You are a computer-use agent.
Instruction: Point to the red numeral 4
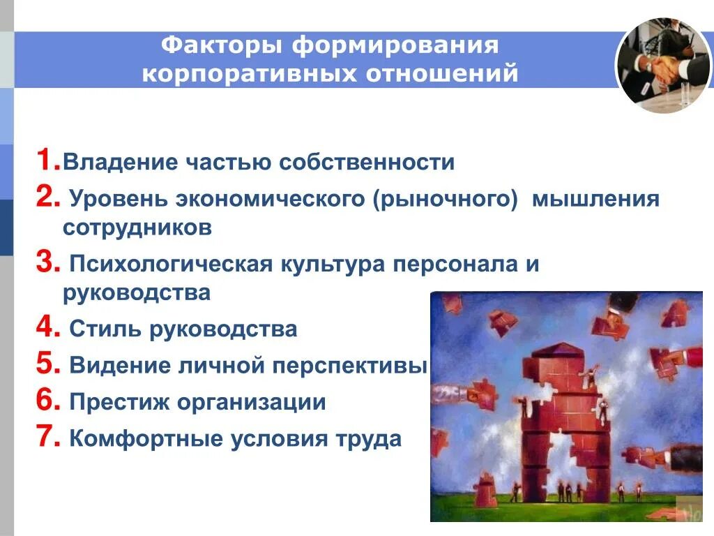point(47,327)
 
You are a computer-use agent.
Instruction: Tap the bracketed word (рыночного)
point(444,200)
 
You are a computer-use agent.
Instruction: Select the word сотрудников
point(137,228)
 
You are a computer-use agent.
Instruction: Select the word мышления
point(596,200)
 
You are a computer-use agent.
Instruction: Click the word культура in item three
point(333,265)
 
